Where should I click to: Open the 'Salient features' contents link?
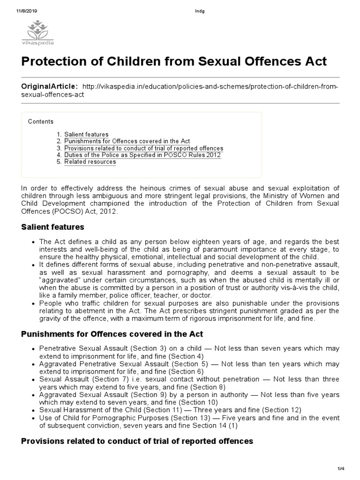coord(86,135)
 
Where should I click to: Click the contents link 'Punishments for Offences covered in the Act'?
coord(127,141)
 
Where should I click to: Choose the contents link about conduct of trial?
coord(143,148)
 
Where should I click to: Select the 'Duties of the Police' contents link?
coord(142,155)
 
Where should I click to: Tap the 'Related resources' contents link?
coord(90,162)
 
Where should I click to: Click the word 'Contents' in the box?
coord(41,122)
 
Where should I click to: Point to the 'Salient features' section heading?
coord(53,227)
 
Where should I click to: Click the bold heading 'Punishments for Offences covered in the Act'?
coord(112,334)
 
